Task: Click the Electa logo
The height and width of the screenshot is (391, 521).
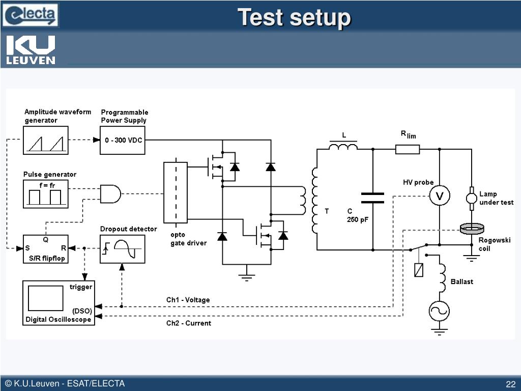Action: [x=30, y=15]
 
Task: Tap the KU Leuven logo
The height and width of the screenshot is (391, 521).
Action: [x=31, y=49]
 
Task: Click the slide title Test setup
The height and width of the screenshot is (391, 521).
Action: [x=294, y=17]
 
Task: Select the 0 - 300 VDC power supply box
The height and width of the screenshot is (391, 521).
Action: [x=123, y=141]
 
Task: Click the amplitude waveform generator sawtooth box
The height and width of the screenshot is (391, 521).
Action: [x=45, y=141]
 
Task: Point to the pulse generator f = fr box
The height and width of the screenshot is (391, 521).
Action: [x=45, y=194]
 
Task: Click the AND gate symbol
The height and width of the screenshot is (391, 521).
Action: [x=110, y=194]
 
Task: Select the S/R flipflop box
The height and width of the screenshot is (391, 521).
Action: [x=45, y=249]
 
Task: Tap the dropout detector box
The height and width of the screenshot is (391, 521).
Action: [x=123, y=249]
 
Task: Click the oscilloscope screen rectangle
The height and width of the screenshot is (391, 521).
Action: [x=45, y=298]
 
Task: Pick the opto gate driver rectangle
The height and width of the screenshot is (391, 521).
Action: [x=176, y=192]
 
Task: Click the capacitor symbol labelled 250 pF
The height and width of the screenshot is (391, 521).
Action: [x=372, y=198]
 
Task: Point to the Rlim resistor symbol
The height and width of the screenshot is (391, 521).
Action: [x=408, y=149]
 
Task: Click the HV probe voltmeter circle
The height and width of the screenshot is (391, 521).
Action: [x=440, y=195]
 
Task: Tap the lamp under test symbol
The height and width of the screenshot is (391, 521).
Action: [x=471, y=199]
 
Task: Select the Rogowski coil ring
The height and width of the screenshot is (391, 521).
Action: [x=472, y=229]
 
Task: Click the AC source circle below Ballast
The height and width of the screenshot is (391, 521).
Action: [x=439, y=311]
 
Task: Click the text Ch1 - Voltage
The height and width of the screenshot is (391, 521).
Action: [x=188, y=300]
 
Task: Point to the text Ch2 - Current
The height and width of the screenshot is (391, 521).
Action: [x=188, y=323]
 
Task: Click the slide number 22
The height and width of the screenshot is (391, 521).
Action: [x=510, y=384]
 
